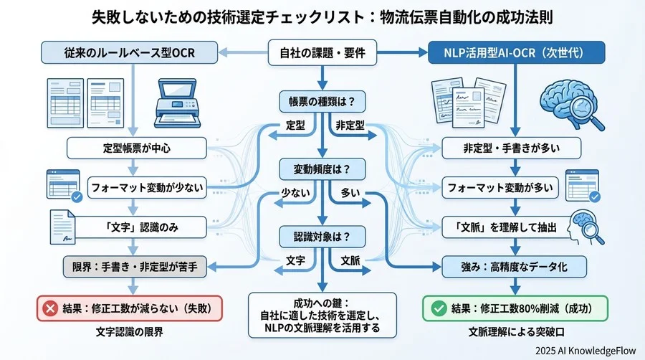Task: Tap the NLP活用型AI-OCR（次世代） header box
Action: (515, 52)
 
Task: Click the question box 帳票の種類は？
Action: (322, 101)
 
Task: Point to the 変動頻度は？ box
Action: (322, 169)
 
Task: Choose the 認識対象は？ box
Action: (322, 235)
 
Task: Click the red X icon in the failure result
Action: (51, 308)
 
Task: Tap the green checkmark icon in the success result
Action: (437, 308)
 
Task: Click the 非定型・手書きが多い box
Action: (511, 148)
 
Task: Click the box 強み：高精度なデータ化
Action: (511, 267)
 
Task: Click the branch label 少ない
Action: (295, 193)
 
